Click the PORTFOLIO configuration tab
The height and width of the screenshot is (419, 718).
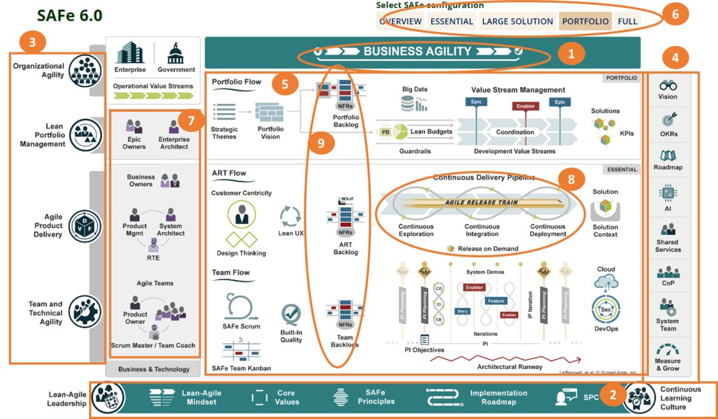(x=585, y=21)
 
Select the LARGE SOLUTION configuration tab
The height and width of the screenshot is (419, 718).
(x=517, y=21)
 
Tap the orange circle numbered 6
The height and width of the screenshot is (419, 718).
(x=675, y=15)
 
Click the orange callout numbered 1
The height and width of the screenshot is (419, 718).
(x=570, y=53)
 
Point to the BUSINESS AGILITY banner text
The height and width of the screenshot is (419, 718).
(x=418, y=51)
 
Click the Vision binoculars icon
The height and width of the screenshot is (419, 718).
(x=667, y=85)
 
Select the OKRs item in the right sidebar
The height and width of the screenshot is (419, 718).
(x=667, y=124)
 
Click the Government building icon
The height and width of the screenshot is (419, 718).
(x=176, y=53)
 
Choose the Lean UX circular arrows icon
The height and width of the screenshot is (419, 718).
(x=291, y=216)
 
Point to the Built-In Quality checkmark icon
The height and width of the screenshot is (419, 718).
(x=291, y=315)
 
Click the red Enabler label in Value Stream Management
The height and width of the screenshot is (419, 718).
(x=525, y=106)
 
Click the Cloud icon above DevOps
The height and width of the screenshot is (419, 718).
(x=606, y=283)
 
